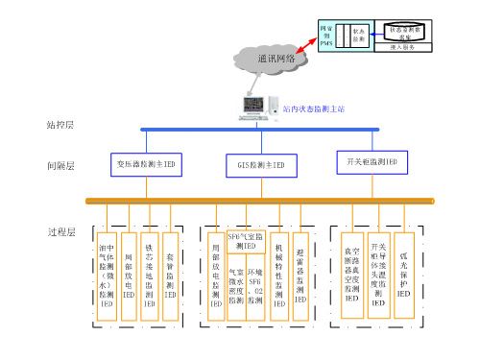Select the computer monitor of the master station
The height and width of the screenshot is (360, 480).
tap(252, 103)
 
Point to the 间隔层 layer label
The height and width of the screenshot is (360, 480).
tap(60, 165)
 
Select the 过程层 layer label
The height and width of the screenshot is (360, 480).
tap(60, 231)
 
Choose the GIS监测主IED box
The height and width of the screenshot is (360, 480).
tap(261, 165)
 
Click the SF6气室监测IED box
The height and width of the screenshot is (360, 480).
tap(241, 240)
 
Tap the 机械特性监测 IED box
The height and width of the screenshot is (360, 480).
tap(278, 271)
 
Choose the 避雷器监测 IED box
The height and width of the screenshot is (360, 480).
tap(300, 271)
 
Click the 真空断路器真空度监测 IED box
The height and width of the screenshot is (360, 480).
tap(352, 273)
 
